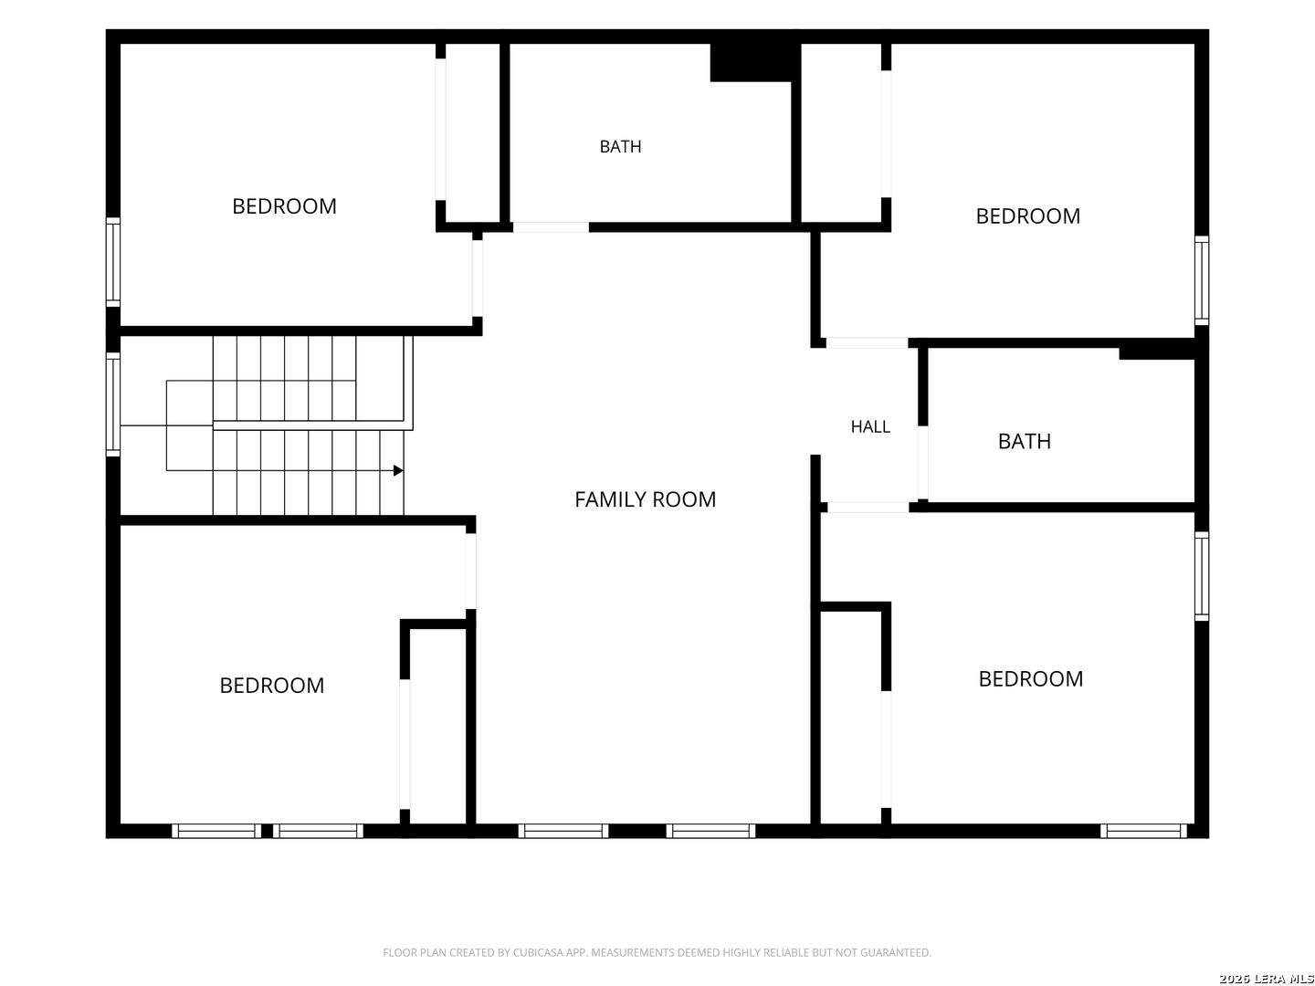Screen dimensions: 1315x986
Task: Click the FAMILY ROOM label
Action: (x=645, y=499)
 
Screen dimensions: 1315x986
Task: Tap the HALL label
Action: (x=870, y=427)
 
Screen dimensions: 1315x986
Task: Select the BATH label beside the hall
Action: (x=1024, y=442)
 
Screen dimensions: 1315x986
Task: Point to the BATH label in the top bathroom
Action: (x=620, y=147)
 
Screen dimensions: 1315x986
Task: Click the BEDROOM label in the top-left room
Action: (x=284, y=206)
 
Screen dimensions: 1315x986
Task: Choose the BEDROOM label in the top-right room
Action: (x=1027, y=216)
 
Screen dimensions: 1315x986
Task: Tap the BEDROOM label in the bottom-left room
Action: (x=271, y=686)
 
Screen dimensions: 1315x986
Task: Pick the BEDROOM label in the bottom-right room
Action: (x=1030, y=679)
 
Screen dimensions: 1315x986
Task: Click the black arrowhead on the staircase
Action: (x=398, y=470)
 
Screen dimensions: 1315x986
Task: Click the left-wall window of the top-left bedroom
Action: (x=113, y=262)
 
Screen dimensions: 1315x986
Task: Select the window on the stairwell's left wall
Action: (x=113, y=404)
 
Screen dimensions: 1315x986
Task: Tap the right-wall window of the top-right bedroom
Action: (x=1201, y=280)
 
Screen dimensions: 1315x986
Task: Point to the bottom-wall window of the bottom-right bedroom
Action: (x=1143, y=831)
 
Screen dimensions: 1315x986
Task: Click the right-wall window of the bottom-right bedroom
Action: (x=1201, y=576)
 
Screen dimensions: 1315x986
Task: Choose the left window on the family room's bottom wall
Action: (x=563, y=831)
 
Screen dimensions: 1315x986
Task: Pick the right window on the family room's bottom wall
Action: (x=710, y=831)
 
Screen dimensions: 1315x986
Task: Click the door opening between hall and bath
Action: (x=922, y=463)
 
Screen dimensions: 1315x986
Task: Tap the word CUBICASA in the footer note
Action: (x=535, y=952)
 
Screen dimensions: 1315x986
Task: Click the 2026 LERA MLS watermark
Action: (x=1266, y=979)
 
